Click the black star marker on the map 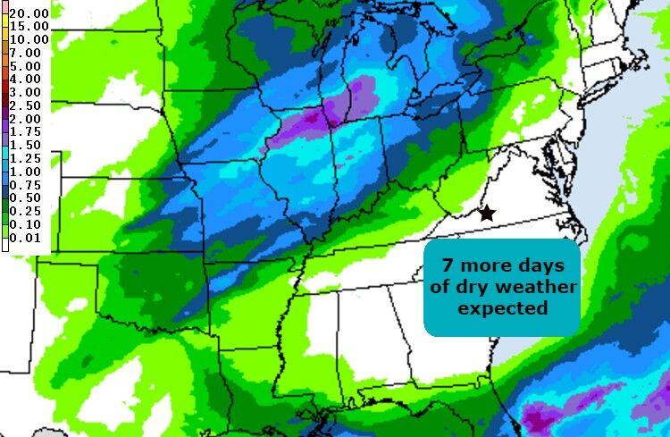[x=487, y=214]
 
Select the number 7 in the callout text [x=448, y=267]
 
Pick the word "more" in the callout [x=483, y=267]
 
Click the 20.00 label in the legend [x=29, y=13]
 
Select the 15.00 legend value [x=29, y=27]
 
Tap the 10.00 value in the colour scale [x=29, y=39]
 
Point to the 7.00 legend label [x=26, y=53]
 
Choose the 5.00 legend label [x=26, y=66]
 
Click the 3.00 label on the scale [x=26, y=92]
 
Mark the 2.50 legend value [x=26, y=105]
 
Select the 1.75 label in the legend [x=26, y=131]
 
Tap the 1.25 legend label [x=26, y=157]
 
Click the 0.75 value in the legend [x=26, y=184]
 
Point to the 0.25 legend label [x=26, y=210]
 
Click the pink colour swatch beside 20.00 [x=4, y=13]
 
